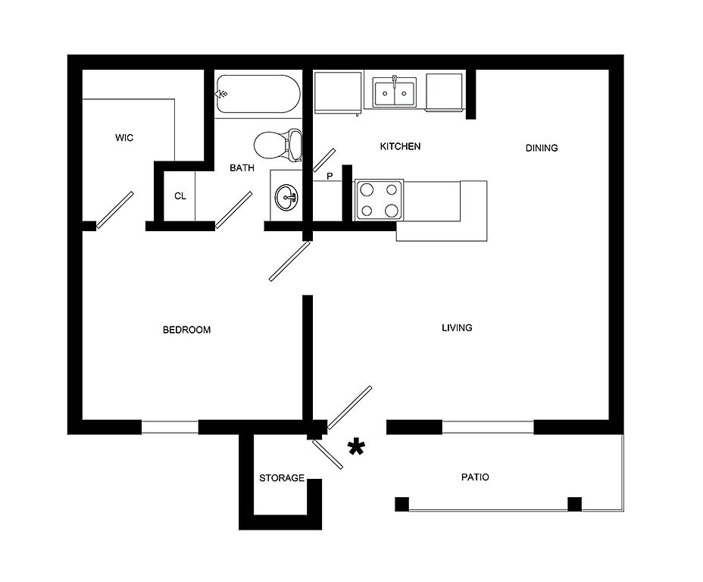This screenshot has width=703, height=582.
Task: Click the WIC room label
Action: point(124,138)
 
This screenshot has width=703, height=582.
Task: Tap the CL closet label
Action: point(180,196)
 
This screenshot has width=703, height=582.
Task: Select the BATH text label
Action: point(242,168)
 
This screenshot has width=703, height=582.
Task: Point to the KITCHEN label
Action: point(400,146)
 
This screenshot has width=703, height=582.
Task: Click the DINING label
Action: point(541,148)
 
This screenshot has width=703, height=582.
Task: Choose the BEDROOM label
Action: point(186,330)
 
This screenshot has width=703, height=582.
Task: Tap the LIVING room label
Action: point(457,328)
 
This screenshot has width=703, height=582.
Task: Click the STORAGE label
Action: point(282,478)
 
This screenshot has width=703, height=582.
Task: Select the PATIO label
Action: point(475,477)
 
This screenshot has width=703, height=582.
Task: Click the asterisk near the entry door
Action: point(355,448)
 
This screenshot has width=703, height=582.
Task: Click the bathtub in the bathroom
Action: point(258,95)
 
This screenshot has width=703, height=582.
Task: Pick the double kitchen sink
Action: point(395,92)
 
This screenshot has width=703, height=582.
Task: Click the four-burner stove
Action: point(379,200)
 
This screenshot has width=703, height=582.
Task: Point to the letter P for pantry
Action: point(330,177)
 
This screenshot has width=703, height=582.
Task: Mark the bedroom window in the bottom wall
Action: point(170,427)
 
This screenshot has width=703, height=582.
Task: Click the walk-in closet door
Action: point(114,210)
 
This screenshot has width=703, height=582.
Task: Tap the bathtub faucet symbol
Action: point(221,94)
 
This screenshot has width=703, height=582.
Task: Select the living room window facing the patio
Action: point(488,427)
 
